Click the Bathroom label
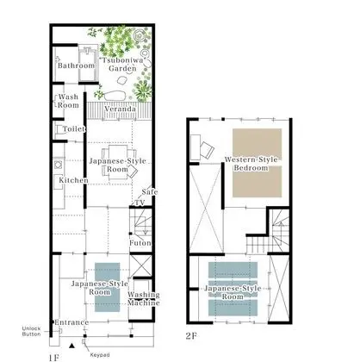(x=76, y=66)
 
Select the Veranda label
(x=120, y=109)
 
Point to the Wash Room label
(x=68, y=101)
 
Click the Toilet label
(x=74, y=129)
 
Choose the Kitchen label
(x=73, y=180)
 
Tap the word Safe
(x=150, y=192)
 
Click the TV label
(x=140, y=203)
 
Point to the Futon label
(x=140, y=243)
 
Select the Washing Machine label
(x=144, y=299)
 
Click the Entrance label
(x=71, y=322)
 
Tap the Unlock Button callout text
(x=31, y=331)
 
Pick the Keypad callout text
(x=100, y=355)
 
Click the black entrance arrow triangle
(x=71, y=346)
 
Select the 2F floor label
(x=191, y=336)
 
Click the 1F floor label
(x=54, y=358)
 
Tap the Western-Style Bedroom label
(x=251, y=164)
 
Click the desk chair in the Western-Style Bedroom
(x=208, y=150)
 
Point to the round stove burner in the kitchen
(x=58, y=165)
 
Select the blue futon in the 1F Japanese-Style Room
(x=108, y=287)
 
